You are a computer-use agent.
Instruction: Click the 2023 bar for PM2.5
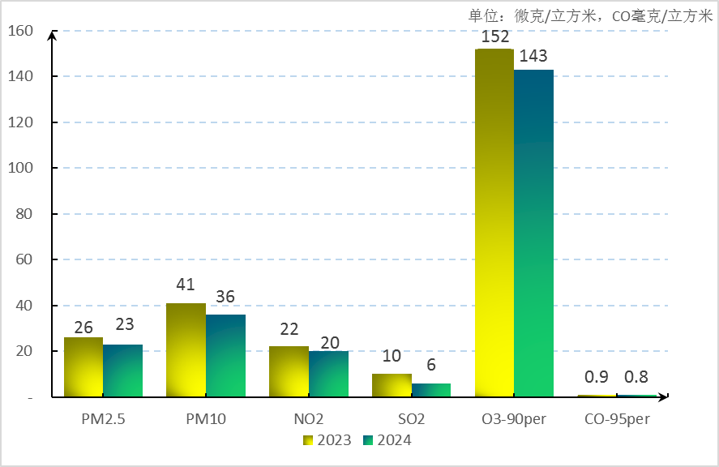coord(83,367)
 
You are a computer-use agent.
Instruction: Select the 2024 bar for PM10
coord(225,356)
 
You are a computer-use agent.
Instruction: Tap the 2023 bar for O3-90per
coord(494,223)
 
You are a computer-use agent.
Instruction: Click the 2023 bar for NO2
coord(289,371)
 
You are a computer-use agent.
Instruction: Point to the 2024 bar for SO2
coord(431,390)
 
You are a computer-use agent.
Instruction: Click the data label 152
coord(494,36)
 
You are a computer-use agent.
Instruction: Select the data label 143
coord(533,57)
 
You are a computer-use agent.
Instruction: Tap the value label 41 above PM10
coord(186,285)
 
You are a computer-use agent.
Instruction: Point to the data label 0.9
coord(597,377)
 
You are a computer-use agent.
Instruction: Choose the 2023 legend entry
coord(327,440)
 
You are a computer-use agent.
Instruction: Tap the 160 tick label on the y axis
coord(22,31)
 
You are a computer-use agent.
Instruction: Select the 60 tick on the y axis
coord(25,259)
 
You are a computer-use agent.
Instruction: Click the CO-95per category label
coord(617,419)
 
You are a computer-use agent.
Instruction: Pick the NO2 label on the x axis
coord(309,419)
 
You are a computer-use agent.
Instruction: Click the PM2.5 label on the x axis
coord(104,419)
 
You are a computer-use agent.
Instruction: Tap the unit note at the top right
coord(590,15)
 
